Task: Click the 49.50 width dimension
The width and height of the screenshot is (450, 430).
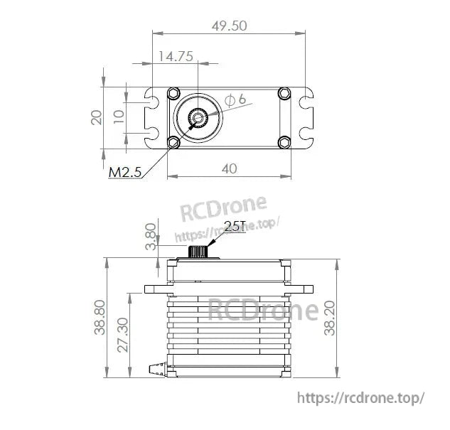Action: coord(229,26)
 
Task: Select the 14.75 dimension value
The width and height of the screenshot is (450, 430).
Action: coord(176,56)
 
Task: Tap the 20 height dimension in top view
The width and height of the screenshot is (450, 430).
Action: coord(97,116)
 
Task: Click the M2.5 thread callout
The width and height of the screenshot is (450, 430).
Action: coord(125,172)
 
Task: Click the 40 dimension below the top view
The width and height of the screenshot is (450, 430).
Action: coord(228,168)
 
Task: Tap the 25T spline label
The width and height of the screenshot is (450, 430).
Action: coord(235,226)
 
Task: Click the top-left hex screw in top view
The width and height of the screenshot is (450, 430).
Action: coord(173,94)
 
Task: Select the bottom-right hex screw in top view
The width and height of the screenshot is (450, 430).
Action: coord(284,141)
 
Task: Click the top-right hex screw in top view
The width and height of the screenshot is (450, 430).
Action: coord(284,93)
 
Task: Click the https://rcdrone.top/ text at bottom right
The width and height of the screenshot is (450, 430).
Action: coord(360,397)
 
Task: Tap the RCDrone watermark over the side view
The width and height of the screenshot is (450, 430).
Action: coord(262,311)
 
